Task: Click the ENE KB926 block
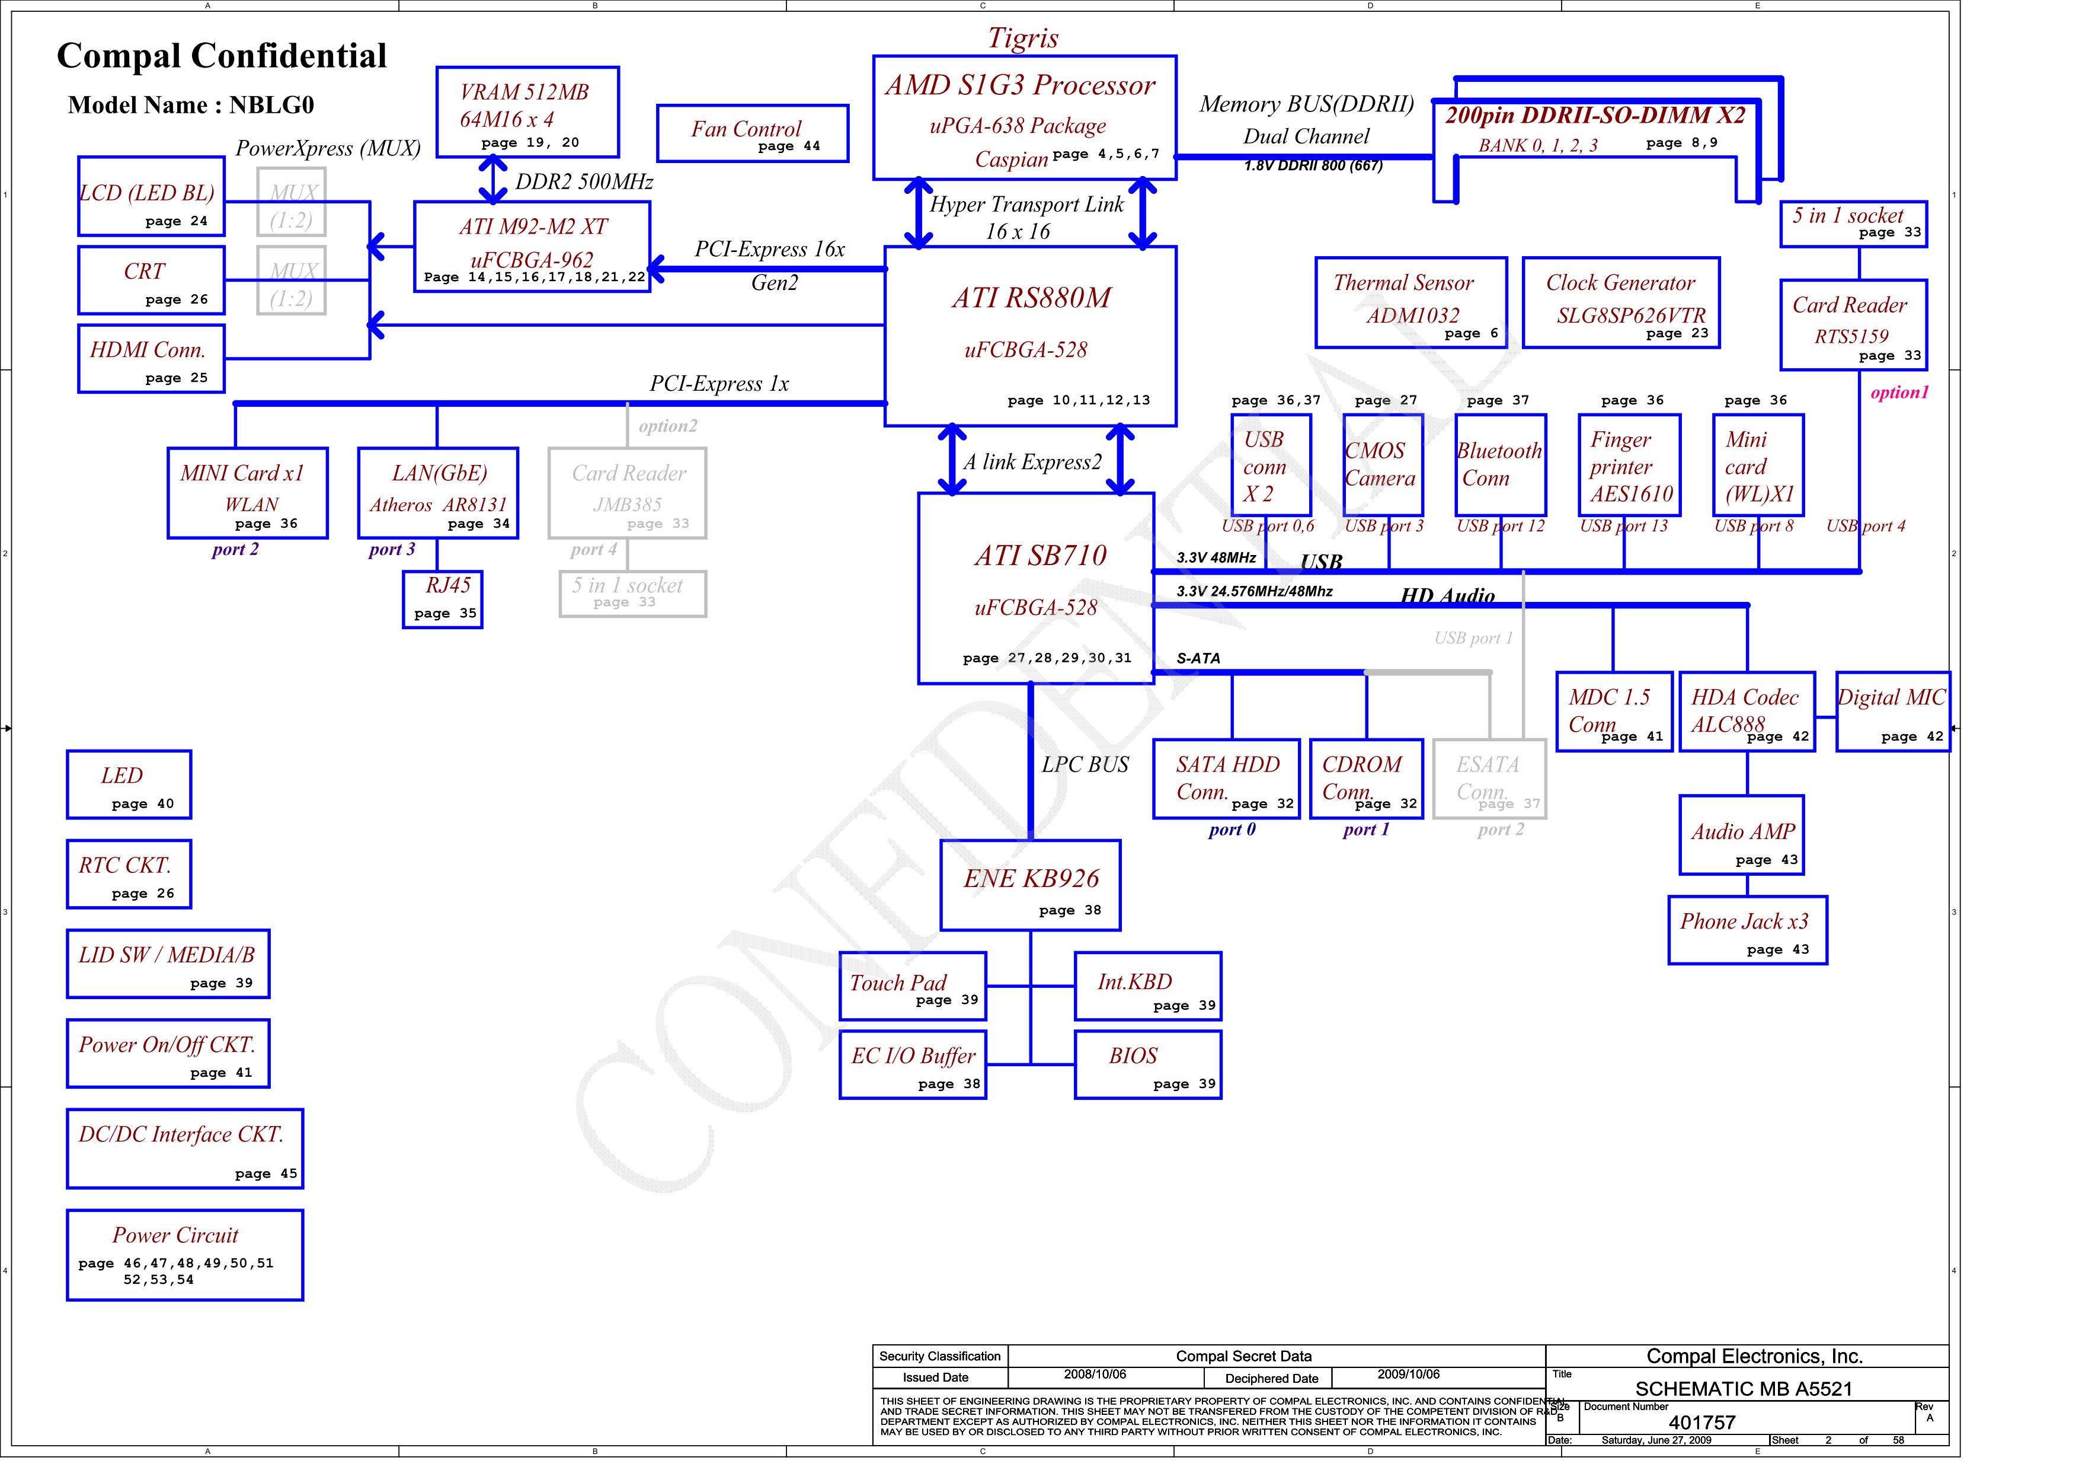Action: coord(1031,885)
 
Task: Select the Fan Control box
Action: coord(753,133)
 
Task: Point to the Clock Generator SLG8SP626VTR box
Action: coord(1621,302)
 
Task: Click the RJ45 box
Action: coord(443,599)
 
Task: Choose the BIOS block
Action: coord(1148,1064)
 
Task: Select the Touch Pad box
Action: coord(913,986)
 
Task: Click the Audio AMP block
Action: coord(1741,835)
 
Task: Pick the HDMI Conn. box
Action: coord(151,359)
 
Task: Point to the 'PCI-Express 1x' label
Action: coord(719,384)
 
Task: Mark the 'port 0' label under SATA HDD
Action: coord(1232,830)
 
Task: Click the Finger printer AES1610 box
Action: coord(1629,465)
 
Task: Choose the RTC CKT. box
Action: coord(129,874)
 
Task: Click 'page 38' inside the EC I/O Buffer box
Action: coord(949,1083)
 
